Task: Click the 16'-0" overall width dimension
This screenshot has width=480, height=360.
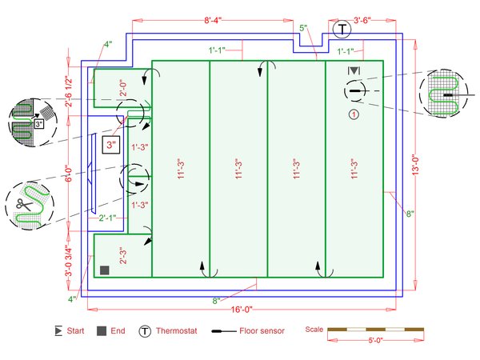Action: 242,310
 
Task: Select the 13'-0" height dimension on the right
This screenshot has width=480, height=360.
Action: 415,165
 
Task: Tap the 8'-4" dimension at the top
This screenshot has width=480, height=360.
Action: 213,21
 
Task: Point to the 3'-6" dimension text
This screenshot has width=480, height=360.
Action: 362,21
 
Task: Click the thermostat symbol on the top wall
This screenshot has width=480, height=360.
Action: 342,30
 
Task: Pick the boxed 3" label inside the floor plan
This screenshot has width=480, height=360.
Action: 111,144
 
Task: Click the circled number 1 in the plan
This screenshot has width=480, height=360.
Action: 354,114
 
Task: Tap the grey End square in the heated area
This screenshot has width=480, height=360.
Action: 105,270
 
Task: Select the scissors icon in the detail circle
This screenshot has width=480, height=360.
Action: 24,205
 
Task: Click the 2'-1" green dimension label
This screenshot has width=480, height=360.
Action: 107,218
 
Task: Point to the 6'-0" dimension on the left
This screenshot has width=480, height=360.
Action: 69,174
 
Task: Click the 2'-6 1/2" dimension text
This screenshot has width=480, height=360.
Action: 69,91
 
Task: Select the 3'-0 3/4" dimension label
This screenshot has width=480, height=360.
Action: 69,260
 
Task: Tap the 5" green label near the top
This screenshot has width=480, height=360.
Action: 303,28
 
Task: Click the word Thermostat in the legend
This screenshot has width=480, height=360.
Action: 177,331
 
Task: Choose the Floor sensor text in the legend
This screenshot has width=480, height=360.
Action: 262,331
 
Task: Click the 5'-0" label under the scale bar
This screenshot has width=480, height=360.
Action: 376,341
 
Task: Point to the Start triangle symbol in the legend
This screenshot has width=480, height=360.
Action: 58,331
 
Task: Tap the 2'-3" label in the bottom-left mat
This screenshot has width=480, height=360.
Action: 123,256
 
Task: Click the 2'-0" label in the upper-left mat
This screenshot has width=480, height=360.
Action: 123,88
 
